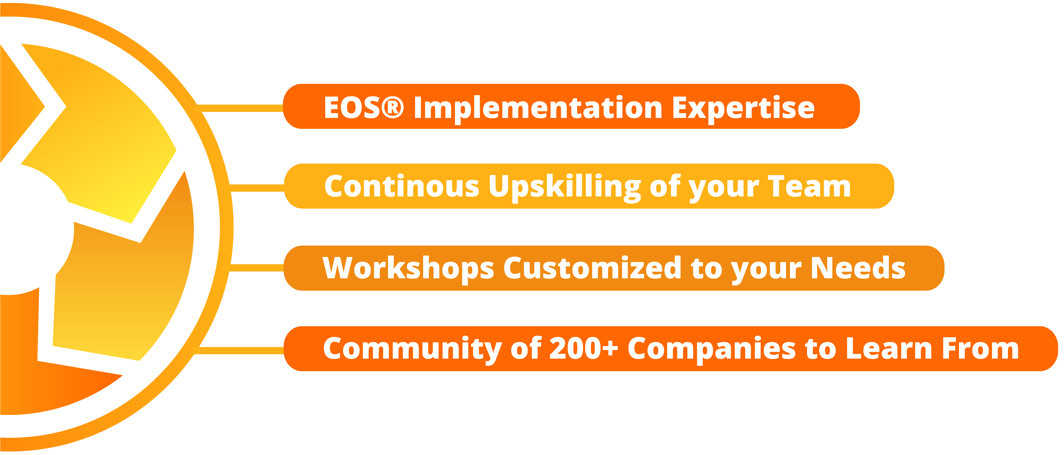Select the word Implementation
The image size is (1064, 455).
(x=538, y=108)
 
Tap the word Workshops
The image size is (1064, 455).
(x=408, y=269)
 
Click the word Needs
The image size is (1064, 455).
(x=858, y=268)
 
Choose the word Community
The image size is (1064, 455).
(x=412, y=349)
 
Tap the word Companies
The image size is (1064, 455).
(x=712, y=349)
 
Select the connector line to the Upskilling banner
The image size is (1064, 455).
(x=257, y=188)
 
